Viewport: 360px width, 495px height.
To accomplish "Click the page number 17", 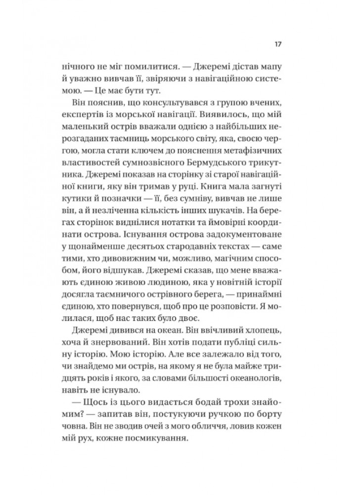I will [x=278, y=44].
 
